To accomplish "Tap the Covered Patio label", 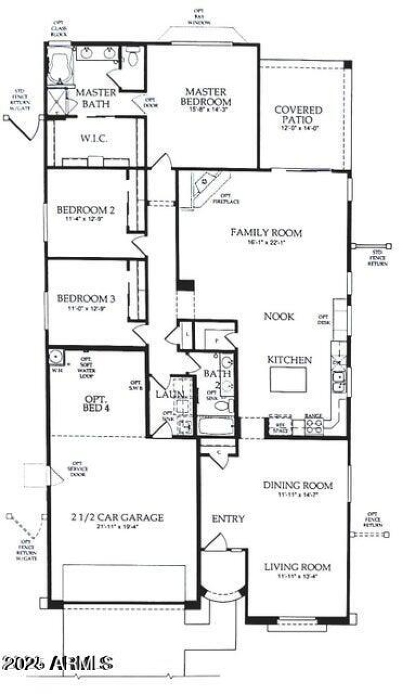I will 298,115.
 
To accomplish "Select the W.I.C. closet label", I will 94,139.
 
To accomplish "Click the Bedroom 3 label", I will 86,299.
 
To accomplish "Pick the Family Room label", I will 266,233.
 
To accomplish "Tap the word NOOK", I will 279,316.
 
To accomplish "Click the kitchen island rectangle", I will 288,379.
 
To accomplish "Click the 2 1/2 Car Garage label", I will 118,517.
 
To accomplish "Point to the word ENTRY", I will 228,519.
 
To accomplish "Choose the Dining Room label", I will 297,486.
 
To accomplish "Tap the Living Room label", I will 297,567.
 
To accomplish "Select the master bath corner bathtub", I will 60,66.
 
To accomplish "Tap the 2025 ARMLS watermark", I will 57,663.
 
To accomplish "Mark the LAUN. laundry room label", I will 170,394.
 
